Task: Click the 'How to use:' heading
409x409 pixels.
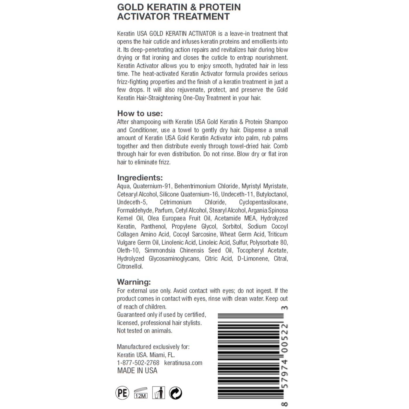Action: [140, 113]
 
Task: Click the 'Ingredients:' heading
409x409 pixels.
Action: [140, 178]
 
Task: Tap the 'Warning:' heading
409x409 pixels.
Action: [134, 282]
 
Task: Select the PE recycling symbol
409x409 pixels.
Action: [122, 393]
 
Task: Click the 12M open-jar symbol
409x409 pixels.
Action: [141, 393]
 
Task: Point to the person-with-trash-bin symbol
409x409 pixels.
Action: [159, 393]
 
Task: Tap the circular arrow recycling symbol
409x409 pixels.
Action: [176, 393]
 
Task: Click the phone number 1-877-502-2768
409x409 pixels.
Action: [138, 363]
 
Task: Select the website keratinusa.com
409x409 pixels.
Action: [183, 363]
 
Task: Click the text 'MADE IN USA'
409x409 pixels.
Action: [137, 371]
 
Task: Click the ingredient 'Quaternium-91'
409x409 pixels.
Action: [152, 186]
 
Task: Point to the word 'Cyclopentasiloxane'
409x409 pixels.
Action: [263, 202]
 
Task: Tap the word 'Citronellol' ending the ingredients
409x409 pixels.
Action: [130, 266]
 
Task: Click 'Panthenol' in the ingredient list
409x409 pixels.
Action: [154, 226]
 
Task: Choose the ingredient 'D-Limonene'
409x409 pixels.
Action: [253, 259]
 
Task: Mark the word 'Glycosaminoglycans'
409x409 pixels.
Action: [174, 259]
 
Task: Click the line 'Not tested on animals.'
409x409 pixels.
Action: [145, 331]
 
